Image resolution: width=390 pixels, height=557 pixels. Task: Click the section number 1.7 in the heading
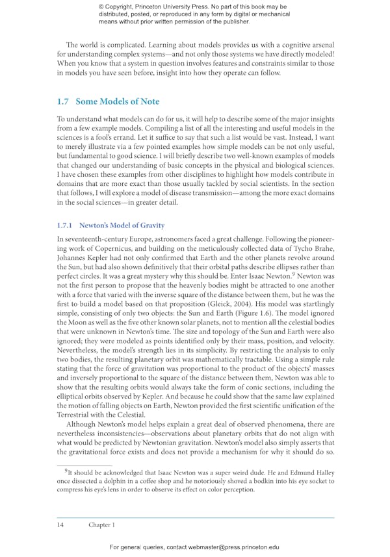point(62,101)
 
